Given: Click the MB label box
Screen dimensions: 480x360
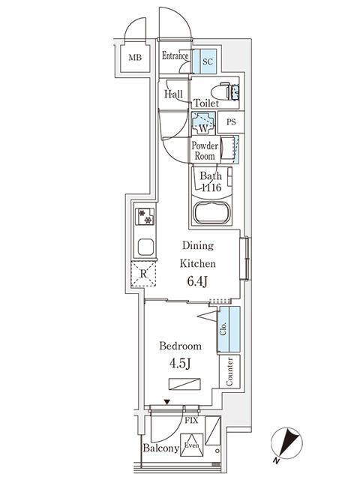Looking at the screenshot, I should point(135,58).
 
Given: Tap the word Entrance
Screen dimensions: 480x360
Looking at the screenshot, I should point(175,56).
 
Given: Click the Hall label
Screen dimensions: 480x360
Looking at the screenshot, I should point(173,94).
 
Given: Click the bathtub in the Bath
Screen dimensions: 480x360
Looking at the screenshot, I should point(214,211).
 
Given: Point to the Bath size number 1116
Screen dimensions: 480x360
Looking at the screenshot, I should point(210,187).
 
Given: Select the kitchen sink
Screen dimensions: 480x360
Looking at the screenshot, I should point(145,247).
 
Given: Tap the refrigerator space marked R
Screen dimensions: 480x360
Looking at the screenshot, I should point(143,274).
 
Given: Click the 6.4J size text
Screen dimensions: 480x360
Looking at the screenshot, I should point(197,283).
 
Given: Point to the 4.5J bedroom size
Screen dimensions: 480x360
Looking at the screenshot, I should point(180,366).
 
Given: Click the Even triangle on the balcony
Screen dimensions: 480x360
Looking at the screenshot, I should point(191,442).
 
